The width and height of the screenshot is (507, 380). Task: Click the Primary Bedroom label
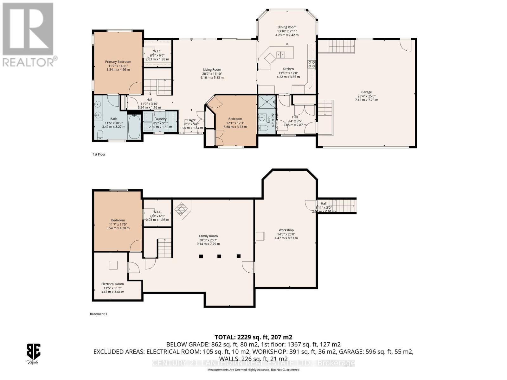[x=118, y=62]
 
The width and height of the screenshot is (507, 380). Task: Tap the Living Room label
[x=212, y=70]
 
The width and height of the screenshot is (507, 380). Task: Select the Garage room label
[x=366, y=92]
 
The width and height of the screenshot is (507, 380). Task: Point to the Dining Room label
[x=287, y=27]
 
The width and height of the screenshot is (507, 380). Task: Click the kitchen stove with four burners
[x=311, y=64]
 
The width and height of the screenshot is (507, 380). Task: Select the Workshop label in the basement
[x=286, y=230]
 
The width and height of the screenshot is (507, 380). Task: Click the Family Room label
[x=208, y=236]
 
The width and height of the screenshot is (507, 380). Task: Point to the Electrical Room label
[x=112, y=284]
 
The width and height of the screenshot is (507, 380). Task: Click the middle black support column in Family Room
[x=219, y=256]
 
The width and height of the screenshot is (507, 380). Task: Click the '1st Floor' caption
[x=99, y=155]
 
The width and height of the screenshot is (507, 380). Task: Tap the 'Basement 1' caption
[x=99, y=314]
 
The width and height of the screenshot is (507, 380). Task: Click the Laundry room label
[x=160, y=119]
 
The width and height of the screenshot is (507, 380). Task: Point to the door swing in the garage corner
[x=405, y=44]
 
